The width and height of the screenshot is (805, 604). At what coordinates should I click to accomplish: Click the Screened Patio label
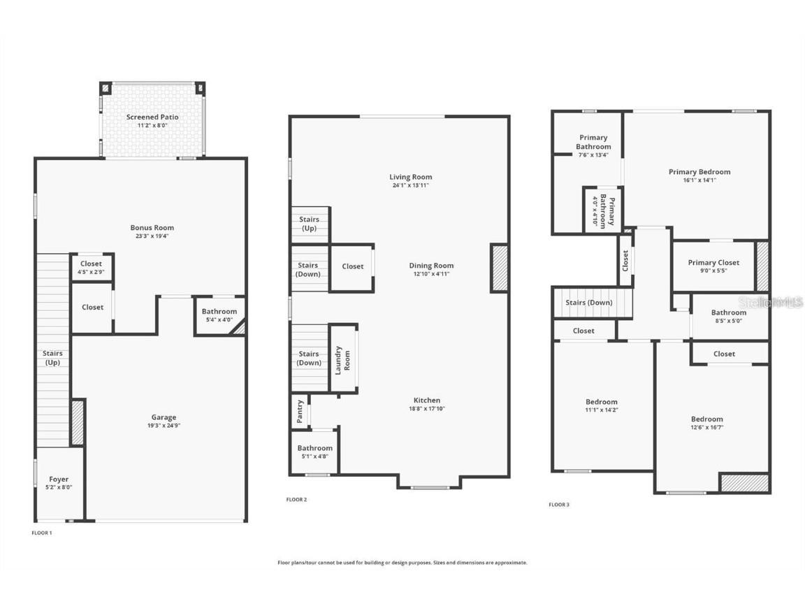pos(152,117)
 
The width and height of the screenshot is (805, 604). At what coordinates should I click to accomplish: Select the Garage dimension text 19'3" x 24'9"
pos(164,426)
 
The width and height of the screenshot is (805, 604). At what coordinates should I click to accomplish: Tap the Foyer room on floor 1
pos(59,483)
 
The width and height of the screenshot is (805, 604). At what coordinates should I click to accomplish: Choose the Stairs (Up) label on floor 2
pos(310,224)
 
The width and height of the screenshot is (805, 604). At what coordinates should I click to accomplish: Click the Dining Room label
pos(431,266)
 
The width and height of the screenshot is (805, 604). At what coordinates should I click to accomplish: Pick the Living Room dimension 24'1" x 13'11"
pos(411,185)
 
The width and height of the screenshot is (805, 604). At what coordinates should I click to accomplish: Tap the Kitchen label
pos(427,401)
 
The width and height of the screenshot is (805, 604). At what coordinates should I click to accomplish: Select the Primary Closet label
pos(713,263)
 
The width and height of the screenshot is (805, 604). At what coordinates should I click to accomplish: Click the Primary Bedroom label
pos(699,172)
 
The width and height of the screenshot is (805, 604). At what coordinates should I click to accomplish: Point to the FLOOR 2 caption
pos(296,500)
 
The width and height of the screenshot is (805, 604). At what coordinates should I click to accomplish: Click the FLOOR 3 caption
pos(558,504)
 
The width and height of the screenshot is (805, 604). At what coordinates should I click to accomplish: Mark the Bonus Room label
pos(152,228)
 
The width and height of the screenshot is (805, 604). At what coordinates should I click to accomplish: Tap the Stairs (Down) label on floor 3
pos(589,303)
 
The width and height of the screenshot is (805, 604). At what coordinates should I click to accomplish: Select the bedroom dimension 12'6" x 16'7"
pos(706,427)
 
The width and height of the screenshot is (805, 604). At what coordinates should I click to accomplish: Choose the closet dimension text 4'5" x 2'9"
pos(91,271)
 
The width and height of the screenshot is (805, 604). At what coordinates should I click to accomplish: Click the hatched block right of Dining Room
pos(499,268)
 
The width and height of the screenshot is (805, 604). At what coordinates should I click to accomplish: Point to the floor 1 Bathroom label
pos(219,312)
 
